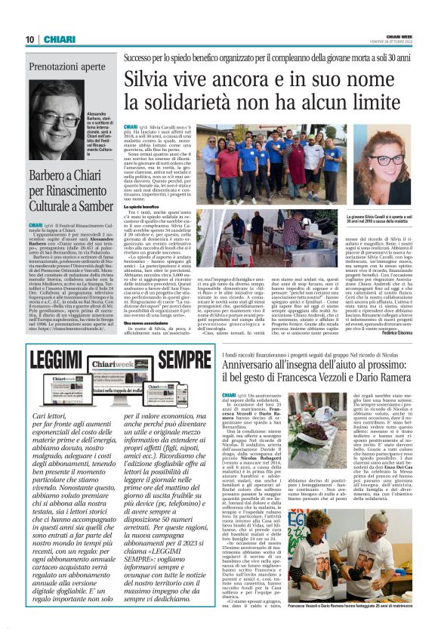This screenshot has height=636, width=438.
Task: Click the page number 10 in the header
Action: (x=29, y=39)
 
